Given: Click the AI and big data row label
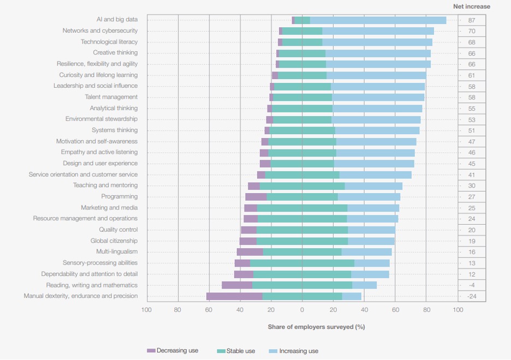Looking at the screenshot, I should [x=117, y=20].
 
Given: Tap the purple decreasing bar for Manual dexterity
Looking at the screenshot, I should [x=234, y=296].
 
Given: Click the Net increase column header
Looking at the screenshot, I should [x=472, y=7].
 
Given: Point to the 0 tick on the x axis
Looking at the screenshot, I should [x=302, y=310].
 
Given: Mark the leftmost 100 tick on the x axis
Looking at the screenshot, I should [x=146, y=310].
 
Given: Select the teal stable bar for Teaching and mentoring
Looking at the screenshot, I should [x=302, y=185].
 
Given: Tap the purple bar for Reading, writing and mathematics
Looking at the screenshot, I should [x=237, y=285].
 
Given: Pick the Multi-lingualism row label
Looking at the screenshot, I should [x=117, y=251].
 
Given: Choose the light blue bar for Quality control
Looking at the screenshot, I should [x=371, y=230].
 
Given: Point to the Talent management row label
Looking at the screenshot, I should [x=111, y=97].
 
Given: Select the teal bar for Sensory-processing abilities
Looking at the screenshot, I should [x=302, y=263].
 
